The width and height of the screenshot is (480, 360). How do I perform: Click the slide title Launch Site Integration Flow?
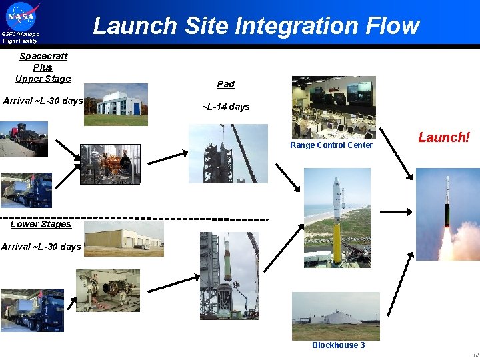256,26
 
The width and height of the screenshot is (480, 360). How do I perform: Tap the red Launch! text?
444,137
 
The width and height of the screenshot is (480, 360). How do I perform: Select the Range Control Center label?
331,145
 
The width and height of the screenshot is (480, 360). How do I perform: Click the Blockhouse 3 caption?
339,345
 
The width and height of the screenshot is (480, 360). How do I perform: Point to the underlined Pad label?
226,84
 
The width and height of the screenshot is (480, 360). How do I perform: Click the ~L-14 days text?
226,107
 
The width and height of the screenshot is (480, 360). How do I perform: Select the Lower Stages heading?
41,224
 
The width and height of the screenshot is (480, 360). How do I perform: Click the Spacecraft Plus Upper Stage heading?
43,67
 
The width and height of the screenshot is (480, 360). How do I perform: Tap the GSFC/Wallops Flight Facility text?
20,37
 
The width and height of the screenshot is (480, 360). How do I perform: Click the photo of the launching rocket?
447,214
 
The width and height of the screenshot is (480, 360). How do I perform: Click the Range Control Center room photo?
333,107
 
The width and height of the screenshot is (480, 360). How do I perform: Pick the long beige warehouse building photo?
124,239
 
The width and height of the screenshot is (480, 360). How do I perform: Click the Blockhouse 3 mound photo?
336,316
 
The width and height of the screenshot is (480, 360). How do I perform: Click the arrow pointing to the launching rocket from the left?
396,211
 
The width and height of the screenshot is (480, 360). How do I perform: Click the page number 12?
474,355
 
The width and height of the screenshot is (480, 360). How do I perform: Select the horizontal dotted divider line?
133,219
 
